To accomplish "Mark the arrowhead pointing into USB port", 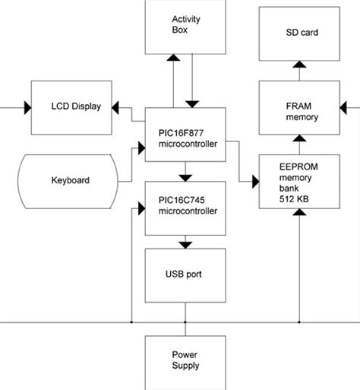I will [x=184, y=245].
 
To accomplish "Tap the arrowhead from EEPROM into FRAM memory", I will [x=298, y=139].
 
